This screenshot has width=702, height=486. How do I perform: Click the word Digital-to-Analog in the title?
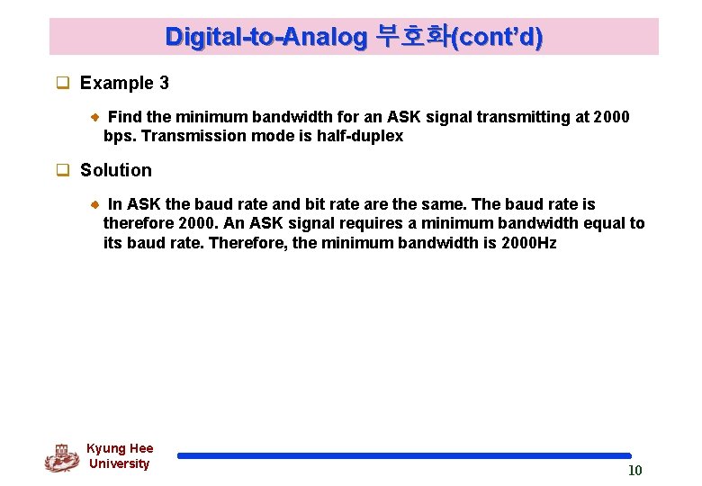click(x=266, y=37)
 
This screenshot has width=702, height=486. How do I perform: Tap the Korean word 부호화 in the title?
click(x=412, y=37)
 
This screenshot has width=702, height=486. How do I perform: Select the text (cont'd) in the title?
click(x=498, y=37)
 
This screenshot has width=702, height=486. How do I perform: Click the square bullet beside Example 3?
click(x=63, y=84)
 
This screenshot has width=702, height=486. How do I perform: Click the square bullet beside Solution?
click(x=63, y=171)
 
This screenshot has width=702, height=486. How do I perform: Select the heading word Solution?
click(x=116, y=170)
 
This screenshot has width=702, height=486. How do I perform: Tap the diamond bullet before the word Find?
click(x=96, y=117)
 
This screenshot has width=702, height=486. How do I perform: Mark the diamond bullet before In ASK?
click(x=96, y=204)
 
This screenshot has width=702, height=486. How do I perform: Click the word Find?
click(x=124, y=117)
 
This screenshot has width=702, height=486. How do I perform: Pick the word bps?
click(x=118, y=136)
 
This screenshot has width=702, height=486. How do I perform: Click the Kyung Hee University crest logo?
click(x=61, y=457)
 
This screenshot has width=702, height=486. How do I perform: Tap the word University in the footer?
click(x=119, y=463)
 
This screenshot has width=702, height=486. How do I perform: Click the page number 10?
click(x=634, y=471)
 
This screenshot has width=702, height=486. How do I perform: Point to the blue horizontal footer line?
click(x=404, y=456)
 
